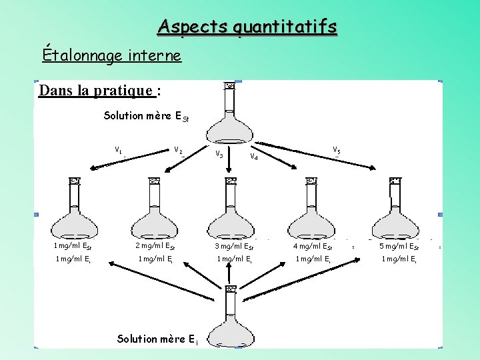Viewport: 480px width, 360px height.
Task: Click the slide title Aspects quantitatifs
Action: (247, 27)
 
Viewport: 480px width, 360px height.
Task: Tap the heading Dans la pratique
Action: (99, 90)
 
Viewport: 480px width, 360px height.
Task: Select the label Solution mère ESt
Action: (143, 117)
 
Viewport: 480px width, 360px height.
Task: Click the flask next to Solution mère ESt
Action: (230, 117)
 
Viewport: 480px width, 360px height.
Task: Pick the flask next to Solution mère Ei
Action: (231, 317)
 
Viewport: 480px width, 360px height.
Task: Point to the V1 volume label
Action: (118, 150)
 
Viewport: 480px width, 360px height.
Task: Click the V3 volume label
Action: (219, 155)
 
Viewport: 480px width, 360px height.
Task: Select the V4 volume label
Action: (254, 157)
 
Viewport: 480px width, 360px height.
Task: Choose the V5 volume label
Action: (337, 151)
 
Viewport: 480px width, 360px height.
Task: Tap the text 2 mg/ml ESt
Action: (155, 246)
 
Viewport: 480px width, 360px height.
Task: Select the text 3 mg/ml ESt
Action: (233, 246)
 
